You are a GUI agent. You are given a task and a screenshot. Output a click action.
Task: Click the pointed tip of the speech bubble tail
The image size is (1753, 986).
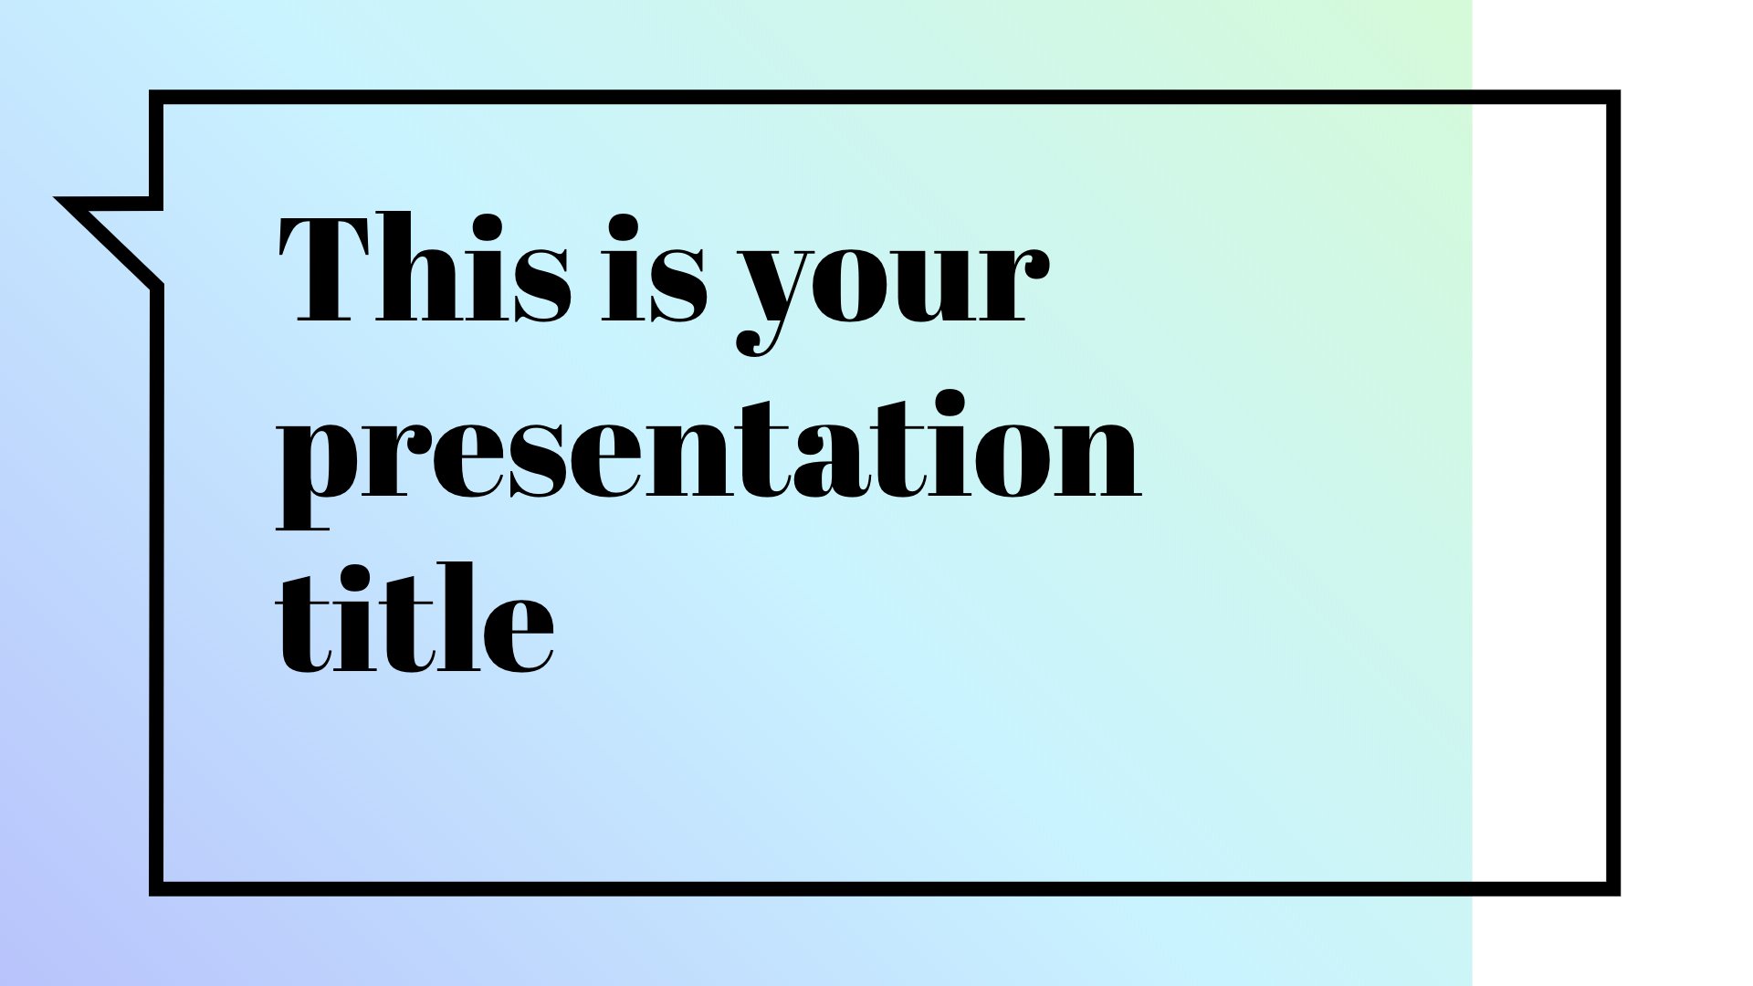(x=57, y=198)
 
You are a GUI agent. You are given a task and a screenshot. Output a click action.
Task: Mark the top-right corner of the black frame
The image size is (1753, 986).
(x=1613, y=97)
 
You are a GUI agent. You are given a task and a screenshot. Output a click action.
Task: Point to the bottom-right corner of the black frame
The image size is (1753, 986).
(x=1613, y=889)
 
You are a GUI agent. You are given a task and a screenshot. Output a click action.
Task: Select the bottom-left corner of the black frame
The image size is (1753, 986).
(x=156, y=889)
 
